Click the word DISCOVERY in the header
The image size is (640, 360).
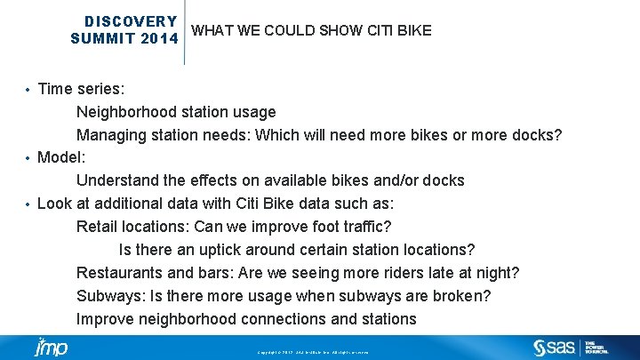coord(131,21)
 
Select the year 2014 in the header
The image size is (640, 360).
coord(156,38)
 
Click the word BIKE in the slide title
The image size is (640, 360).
coord(413,30)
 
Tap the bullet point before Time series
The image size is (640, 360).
coord(28,90)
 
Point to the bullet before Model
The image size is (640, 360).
coord(28,158)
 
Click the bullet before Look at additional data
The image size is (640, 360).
coord(28,204)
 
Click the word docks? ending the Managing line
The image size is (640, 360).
coord(537,135)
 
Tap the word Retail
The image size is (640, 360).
coord(97,227)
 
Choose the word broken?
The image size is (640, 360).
coord(461,296)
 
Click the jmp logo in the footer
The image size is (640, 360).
coord(51,347)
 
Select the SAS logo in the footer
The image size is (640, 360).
coord(553,347)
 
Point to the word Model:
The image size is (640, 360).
coord(61,158)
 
